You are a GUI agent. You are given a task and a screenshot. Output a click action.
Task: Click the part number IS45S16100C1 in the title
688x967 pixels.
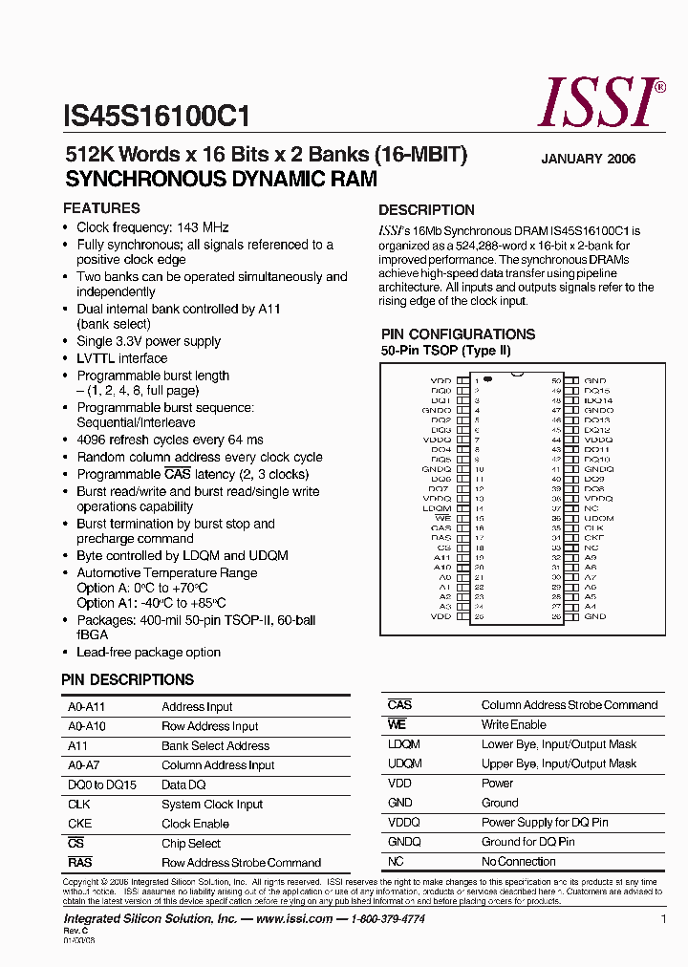pyautogui.click(x=158, y=118)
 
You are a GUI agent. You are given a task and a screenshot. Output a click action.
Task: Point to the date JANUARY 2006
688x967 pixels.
pyautogui.click(x=588, y=160)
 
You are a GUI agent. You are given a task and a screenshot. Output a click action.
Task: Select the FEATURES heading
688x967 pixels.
pyautogui.click(x=101, y=208)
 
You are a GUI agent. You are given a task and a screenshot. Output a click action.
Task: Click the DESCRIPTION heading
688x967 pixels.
pyautogui.click(x=426, y=210)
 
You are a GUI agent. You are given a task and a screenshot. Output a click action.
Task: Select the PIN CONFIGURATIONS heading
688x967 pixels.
pyautogui.click(x=458, y=334)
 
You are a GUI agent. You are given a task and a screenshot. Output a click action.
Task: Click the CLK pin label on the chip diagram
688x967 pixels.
pyautogui.click(x=593, y=527)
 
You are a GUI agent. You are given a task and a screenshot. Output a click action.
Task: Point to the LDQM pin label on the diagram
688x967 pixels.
pyautogui.click(x=438, y=508)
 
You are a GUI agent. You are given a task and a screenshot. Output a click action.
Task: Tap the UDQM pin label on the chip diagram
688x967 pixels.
pyautogui.click(x=598, y=518)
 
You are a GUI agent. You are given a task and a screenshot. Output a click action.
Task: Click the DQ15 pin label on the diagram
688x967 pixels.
pyautogui.click(x=596, y=391)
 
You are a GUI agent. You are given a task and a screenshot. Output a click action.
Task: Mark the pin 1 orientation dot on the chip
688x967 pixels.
pyautogui.click(x=487, y=380)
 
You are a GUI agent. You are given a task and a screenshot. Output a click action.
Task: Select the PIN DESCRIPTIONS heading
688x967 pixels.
pyautogui.click(x=127, y=680)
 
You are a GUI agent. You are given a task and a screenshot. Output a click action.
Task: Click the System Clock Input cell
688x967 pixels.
pyautogui.click(x=212, y=805)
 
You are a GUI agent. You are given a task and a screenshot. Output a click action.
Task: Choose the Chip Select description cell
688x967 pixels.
pyautogui.click(x=191, y=844)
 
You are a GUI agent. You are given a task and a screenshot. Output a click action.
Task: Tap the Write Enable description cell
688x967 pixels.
pyautogui.click(x=513, y=725)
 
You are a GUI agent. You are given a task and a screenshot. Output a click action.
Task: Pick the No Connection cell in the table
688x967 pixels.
pyautogui.click(x=518, y=862)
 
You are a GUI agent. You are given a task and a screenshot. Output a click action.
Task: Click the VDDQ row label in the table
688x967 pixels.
pyautogui.click(x=404, y=823)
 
